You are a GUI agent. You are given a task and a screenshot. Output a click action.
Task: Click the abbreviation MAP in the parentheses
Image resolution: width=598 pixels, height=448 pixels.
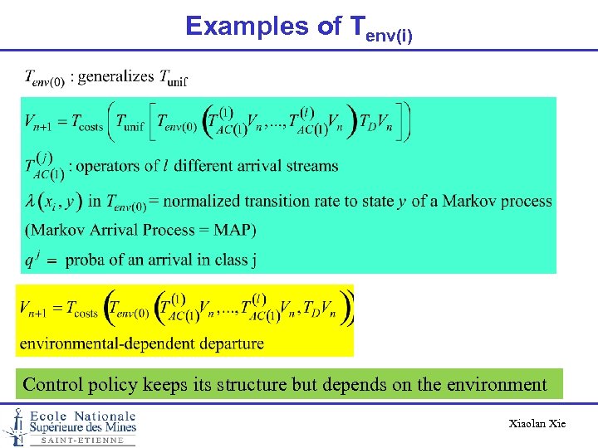pos(233,229)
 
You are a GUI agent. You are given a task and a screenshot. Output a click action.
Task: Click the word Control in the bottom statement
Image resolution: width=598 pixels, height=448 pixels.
pos(52,385)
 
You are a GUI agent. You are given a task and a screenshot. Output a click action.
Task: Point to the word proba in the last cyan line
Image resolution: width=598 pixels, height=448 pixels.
pos(86,260)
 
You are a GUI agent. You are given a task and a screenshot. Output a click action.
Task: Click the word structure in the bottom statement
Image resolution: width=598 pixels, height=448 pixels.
pos(251,385)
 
